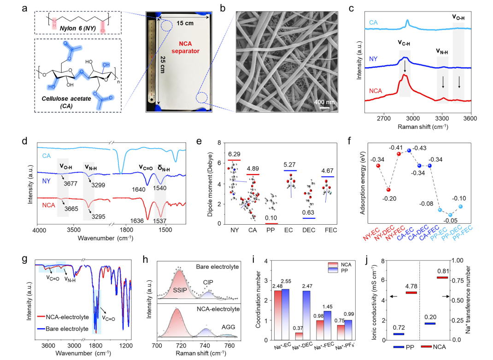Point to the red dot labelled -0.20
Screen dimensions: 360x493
(x=389, y=189)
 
